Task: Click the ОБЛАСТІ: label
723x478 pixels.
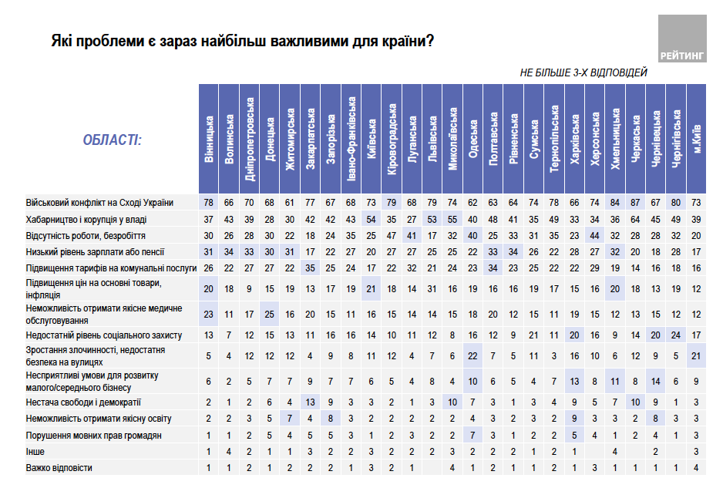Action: coord(112,140)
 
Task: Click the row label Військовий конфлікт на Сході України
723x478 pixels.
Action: coord(100,203)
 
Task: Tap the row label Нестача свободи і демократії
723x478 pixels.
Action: coord(84,402)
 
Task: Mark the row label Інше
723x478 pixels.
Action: coord(36,451)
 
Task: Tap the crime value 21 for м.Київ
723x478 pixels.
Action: coord(697,355)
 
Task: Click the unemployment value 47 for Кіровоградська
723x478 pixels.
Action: coord(392,235)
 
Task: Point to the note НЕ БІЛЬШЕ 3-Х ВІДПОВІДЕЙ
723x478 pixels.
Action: coord(583,72)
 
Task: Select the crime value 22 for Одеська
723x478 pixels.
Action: coord(472,355)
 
